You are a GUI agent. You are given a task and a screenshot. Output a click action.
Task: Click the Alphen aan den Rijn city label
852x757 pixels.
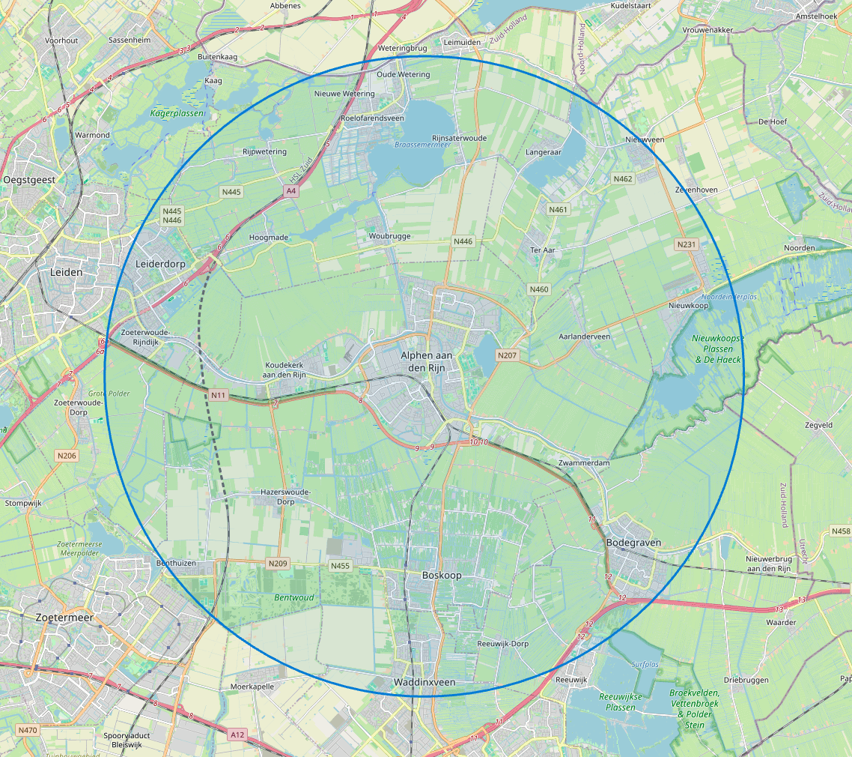[427, 361]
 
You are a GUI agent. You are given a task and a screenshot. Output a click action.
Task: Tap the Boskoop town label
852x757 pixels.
[442, 575]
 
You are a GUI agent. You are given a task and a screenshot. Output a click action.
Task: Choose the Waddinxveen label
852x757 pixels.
[425, 682]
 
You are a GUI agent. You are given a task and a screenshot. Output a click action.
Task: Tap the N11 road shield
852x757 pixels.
[218, 394]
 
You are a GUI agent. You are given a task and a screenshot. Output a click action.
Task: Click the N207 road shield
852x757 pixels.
[508, 355]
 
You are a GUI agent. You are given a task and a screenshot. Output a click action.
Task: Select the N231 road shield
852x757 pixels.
[685, 244]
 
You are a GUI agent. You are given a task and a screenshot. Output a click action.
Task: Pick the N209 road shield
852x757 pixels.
[277, 563]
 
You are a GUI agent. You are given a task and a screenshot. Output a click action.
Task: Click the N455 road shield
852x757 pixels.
[340, 566]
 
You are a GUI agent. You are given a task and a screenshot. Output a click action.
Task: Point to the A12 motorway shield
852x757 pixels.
[238, 734]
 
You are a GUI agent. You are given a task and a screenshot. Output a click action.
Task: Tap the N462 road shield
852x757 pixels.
[622, 178]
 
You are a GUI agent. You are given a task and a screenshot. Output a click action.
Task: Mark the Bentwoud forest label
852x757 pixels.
[294, 597]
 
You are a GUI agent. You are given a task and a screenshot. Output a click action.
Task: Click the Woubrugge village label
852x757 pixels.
[389, 236]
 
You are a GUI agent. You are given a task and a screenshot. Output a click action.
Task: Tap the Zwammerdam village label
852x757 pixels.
[584, 463]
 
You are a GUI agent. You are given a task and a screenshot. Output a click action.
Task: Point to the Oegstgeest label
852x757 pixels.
[29, 180]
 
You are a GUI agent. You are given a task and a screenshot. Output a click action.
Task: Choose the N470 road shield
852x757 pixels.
[28, 730]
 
